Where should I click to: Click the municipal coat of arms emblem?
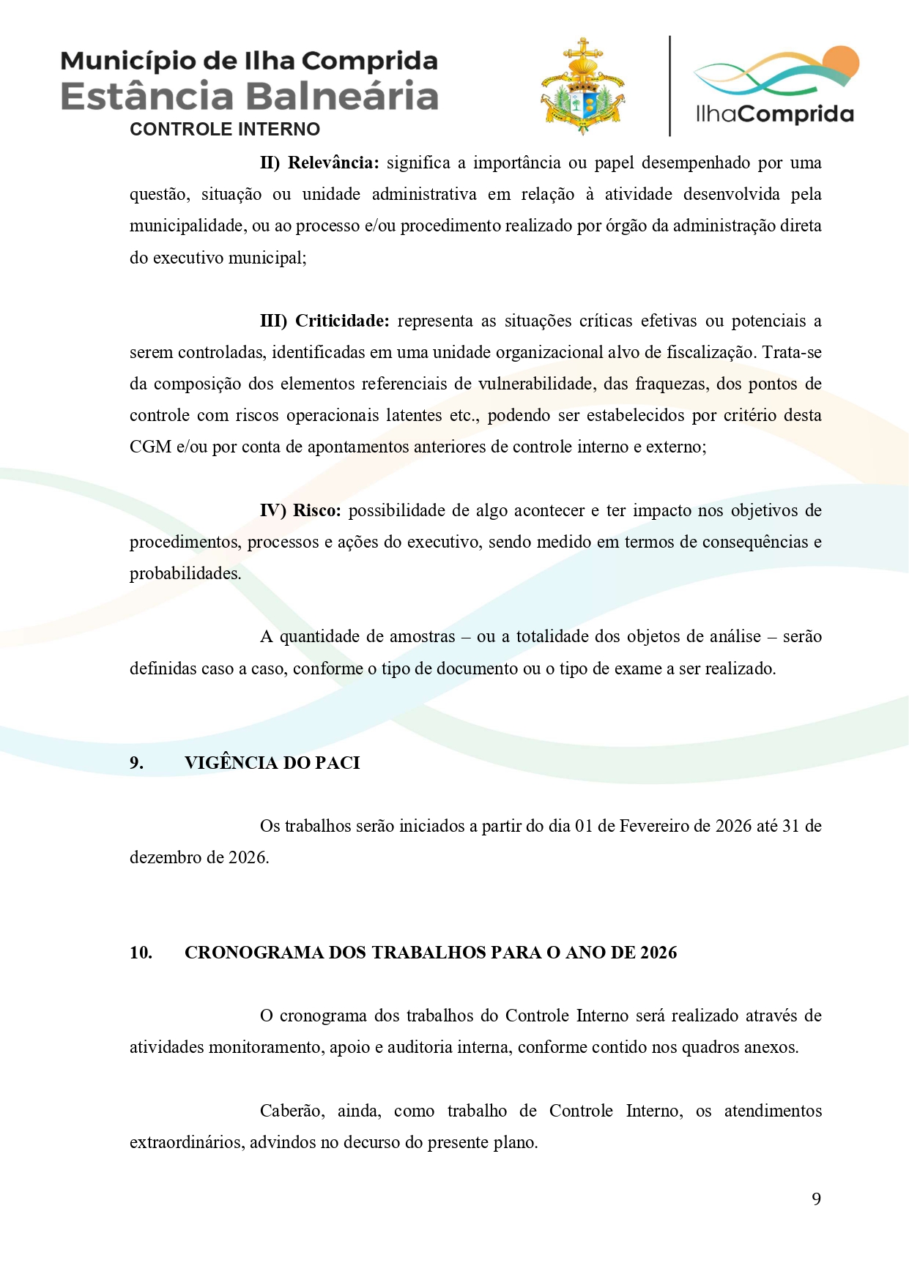[582, 87]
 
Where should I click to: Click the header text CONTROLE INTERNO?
[225, 130]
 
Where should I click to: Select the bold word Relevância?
[333, 163]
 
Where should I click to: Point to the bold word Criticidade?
[342, 321]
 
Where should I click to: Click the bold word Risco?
[316, 510]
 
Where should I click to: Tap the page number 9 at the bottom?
[816, 1199]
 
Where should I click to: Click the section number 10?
[141, 953]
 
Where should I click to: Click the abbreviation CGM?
[150, 447]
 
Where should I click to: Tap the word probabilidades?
[185, 573]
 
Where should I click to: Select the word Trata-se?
[791, 352]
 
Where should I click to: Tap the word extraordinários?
[187, 1142]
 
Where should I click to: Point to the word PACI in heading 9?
[337, 763]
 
